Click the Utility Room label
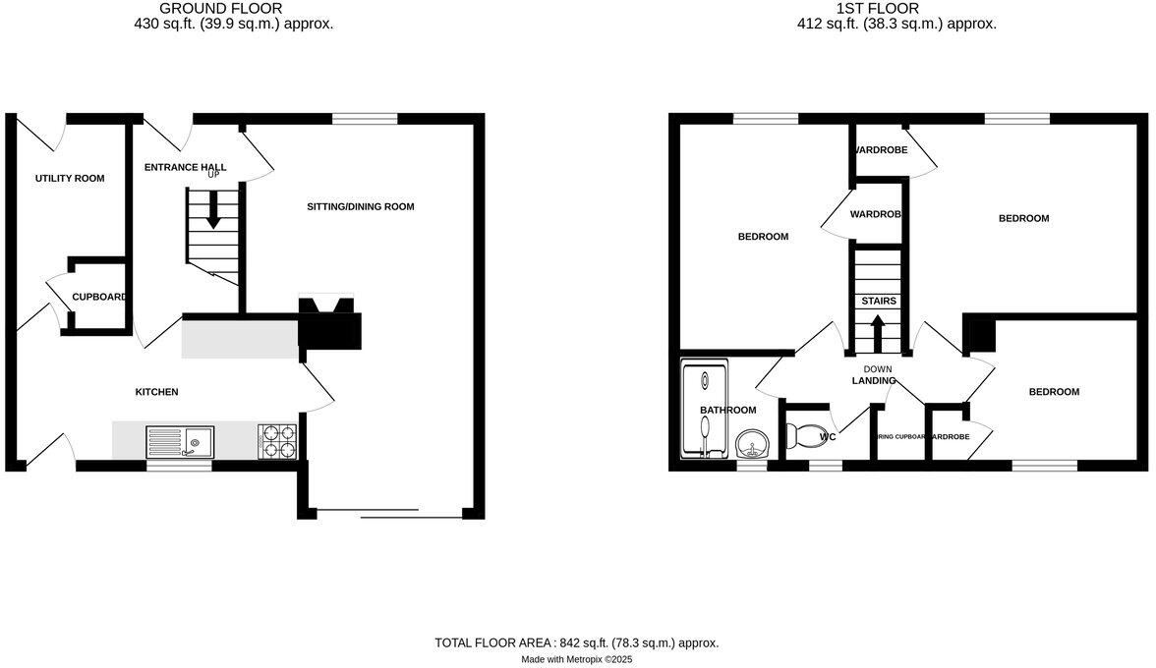tap(70, 178)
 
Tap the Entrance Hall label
tap(185, 167)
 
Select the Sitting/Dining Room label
tap(361, 206)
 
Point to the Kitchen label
tap(156, 392)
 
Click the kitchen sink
tap(181, 442)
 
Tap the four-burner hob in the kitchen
tap(277, 441)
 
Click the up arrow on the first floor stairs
tap(878, 328)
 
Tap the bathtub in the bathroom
tap(704, 410)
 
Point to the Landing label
tap(873, 380)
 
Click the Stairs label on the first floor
tap(878, 301)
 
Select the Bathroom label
tap(727, 410)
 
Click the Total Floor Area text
tap(577, 642)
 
